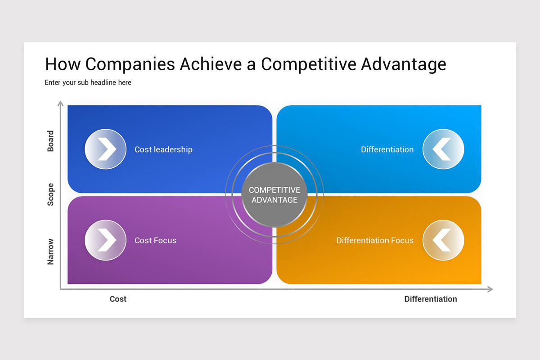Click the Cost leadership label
point(163,149)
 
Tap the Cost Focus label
point(155,240)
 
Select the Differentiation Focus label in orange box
point(375,240)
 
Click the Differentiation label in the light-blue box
point(387,149)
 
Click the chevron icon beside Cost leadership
point(105,149)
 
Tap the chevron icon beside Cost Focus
point(105,240)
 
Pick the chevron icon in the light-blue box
point(443,149)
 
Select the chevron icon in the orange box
point(443,240)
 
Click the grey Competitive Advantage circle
point(274,195)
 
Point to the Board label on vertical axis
point(50,141)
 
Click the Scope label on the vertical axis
point(50,194)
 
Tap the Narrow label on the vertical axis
point(50,252)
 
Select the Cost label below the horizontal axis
point(118,299)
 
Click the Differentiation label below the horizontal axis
point(430,299)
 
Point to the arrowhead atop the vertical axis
point(60,104)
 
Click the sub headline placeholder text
point(88,83)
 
